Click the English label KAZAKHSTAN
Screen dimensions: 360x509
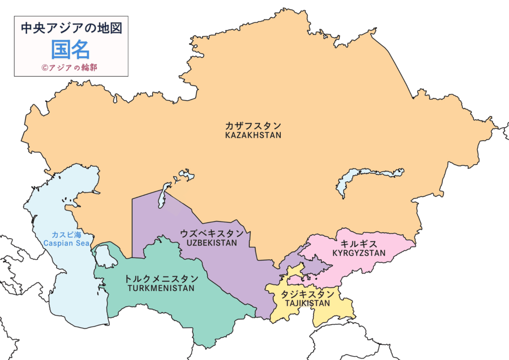253,135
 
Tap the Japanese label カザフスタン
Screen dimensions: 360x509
253,125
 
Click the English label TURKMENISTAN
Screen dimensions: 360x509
161,288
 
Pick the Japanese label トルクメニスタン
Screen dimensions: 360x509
161,278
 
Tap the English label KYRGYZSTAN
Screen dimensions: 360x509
359,253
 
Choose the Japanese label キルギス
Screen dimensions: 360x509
359,244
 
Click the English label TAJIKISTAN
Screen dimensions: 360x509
306,303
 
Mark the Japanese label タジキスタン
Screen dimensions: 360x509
306,294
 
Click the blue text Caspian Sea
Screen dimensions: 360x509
66,244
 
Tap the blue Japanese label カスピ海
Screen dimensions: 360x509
66,235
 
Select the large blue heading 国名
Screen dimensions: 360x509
71,49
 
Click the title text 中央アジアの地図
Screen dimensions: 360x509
71,28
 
